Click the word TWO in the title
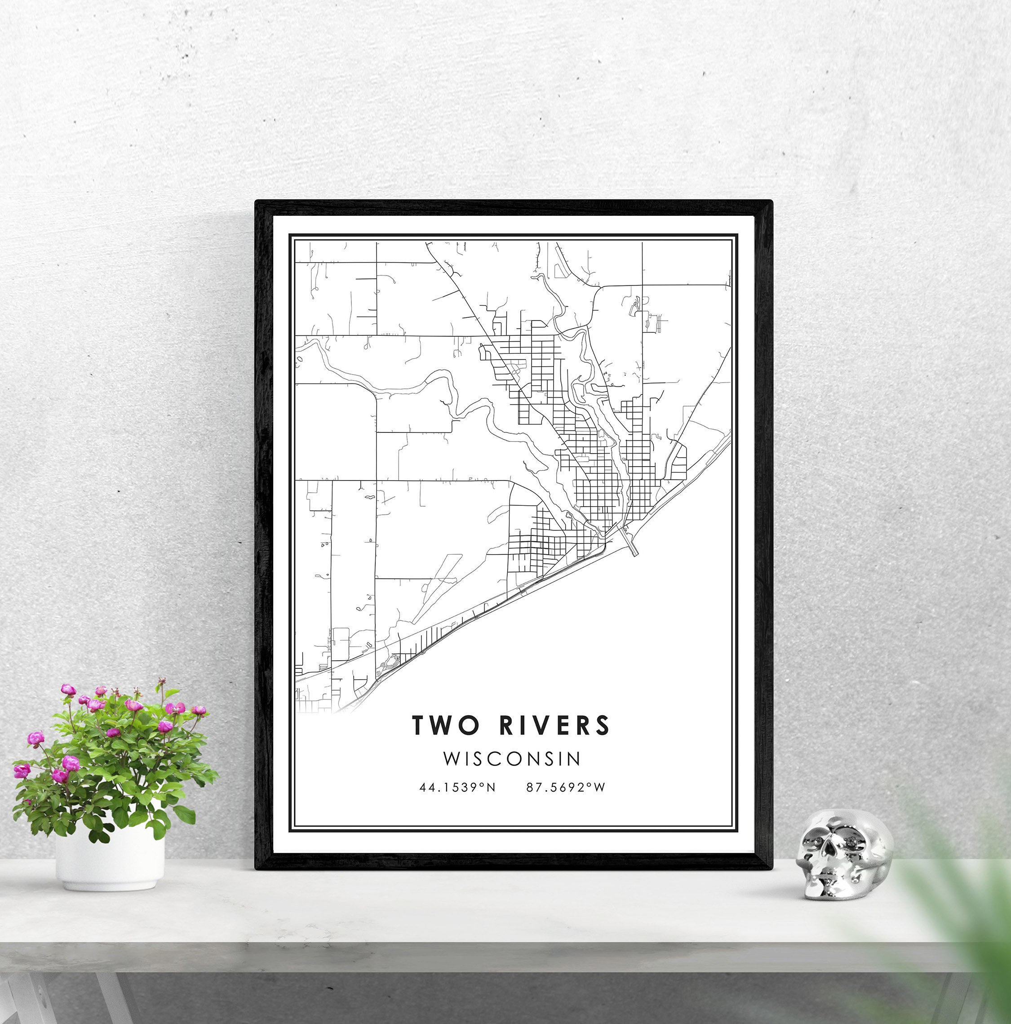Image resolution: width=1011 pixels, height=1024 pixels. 445,725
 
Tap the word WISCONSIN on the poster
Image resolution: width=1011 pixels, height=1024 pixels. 512,758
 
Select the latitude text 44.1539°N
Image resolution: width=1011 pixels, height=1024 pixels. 457,788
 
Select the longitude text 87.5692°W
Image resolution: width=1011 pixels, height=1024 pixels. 565,788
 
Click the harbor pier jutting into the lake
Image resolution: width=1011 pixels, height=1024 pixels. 630,544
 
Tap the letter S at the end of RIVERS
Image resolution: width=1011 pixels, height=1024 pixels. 603,725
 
